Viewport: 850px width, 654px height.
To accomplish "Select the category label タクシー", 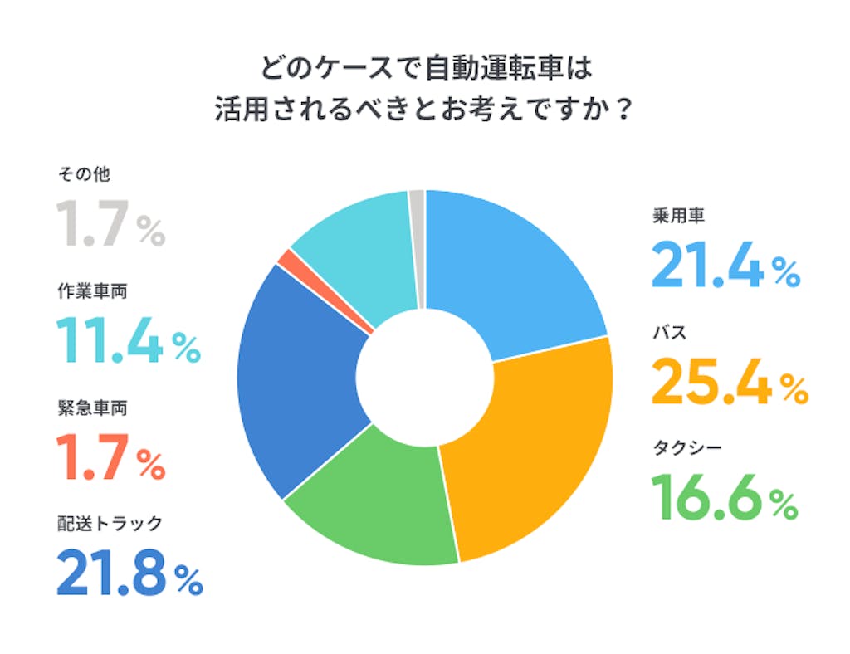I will pos(686,450).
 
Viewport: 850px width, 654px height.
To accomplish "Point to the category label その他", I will pos(83,174).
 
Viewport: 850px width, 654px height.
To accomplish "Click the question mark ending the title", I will pos(618,110).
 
